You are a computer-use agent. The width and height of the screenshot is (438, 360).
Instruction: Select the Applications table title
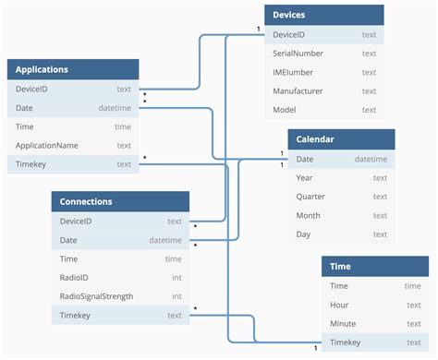[x=42, y=69]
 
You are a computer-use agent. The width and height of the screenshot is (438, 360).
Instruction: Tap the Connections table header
[x=86, y=201]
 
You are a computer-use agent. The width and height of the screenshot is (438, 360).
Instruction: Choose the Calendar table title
[x=315, y=139]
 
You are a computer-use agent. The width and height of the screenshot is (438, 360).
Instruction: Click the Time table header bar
[x=340, y=267]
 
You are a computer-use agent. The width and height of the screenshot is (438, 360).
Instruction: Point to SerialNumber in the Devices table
[x=298, y=54]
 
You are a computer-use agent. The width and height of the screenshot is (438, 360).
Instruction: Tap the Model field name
[x=286, y=110]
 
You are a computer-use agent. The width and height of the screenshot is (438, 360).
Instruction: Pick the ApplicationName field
[x=46, y=146]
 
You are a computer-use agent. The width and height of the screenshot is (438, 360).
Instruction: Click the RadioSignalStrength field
[x=96, y=296]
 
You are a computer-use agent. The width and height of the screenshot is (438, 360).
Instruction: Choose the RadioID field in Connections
[x=75, y=278]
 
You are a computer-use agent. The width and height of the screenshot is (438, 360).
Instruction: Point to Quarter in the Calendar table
[x=310, y=197]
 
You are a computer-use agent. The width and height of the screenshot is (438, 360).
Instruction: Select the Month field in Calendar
[x=308, y=215]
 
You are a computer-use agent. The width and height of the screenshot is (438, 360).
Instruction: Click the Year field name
[x=304, y=178]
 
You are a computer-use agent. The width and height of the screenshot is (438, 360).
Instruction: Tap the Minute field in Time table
[x=343, y=324]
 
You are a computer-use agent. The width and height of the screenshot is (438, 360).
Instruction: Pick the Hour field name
[x=339, y=305]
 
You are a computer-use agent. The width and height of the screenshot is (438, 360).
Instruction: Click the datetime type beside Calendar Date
[x=371, y=160]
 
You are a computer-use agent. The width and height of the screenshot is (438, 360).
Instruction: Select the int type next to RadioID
[x=176, y=278]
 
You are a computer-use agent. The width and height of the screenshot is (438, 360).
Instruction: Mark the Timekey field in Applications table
[x=32, y=164]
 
